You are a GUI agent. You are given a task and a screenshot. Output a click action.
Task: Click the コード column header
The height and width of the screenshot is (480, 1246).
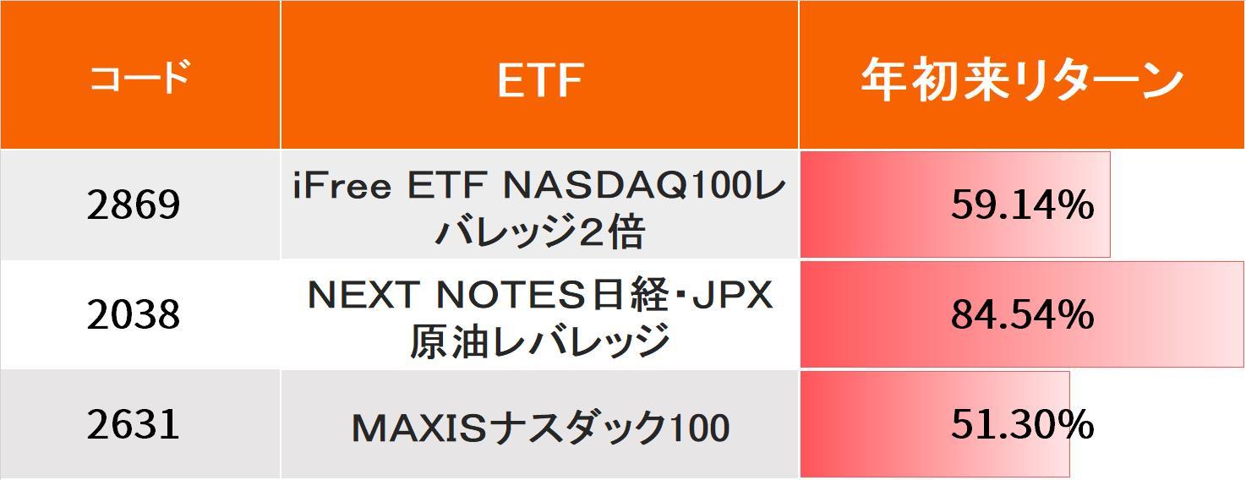pyautogui.click(x=139, y=79)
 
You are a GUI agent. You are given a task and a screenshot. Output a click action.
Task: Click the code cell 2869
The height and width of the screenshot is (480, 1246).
pyautogui.click(x=134, y=205)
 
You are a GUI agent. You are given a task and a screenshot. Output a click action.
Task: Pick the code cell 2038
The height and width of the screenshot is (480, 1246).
pyautogui.click(x=134, y=314)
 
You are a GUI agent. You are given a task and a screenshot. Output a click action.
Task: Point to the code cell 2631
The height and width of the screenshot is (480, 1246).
pyautogui.click(x=134, y=423)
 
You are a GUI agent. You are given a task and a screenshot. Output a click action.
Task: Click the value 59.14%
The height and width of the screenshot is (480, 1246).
pyautogui.click(x=1022, y=205)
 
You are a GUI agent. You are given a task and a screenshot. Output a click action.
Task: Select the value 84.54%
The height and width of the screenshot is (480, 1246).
pyautogui.click(x=1022, y=314)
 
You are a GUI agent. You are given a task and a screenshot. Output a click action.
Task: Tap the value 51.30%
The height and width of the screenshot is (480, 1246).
pyautogui.click(x=1022, y=424)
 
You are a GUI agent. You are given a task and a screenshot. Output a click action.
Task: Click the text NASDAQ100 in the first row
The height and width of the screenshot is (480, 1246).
pyautogui.click(x=626, y=187)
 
